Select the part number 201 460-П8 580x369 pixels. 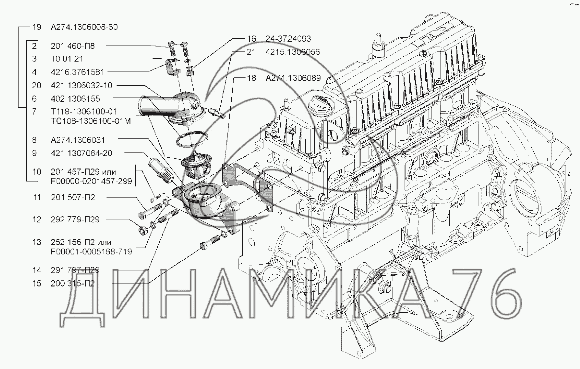coord(73,46)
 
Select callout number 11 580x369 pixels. coord(36,198)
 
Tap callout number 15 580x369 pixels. coord(36,283)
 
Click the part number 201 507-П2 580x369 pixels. coord(73,198)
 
